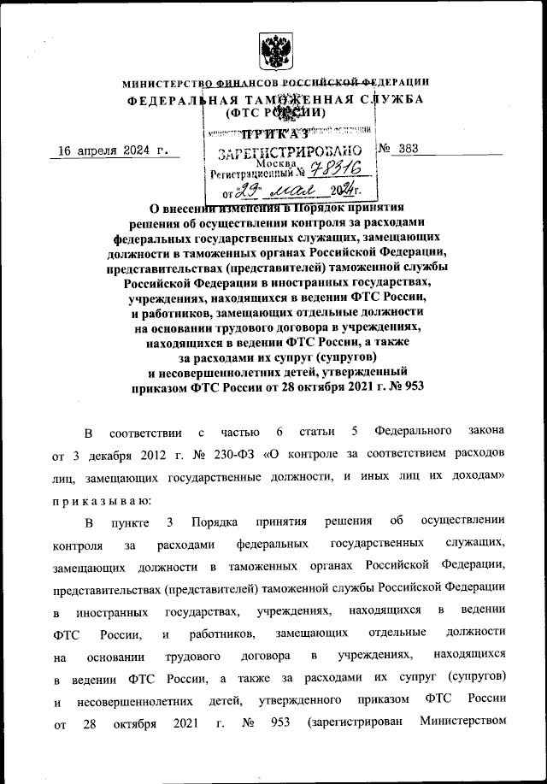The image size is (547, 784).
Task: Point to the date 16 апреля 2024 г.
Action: [x=109, y=150]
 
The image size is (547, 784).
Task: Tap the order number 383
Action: [x=412, y=148]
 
